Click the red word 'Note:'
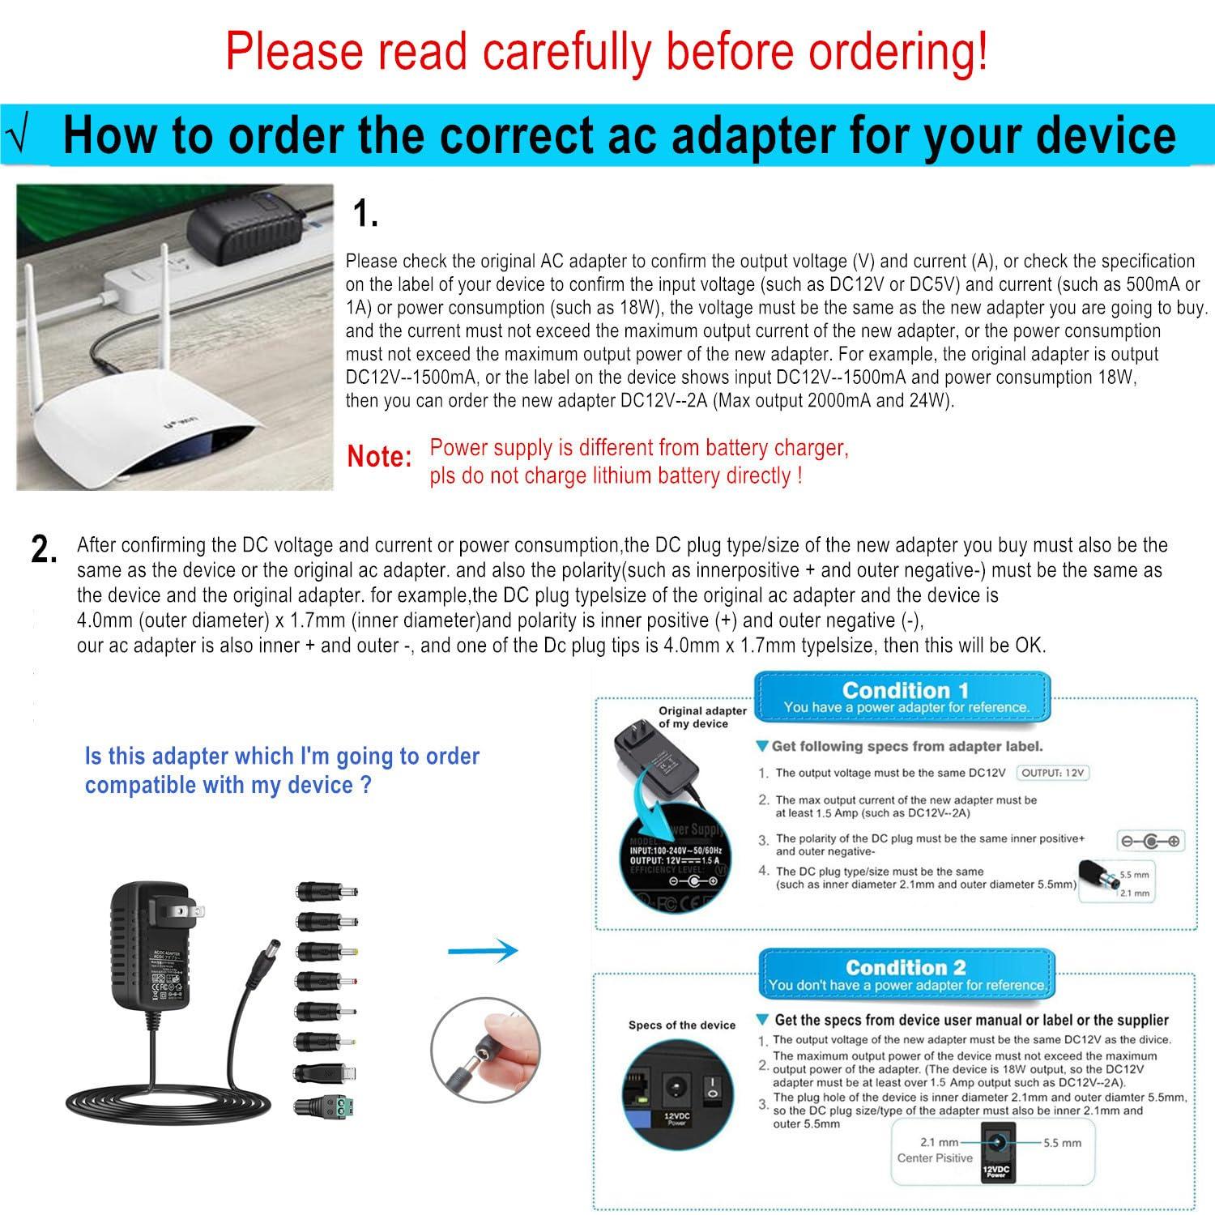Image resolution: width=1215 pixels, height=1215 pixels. click(380, 457)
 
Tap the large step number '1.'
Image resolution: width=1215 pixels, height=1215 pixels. click(365, 215)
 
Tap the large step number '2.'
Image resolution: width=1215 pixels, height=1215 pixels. click(44, 550)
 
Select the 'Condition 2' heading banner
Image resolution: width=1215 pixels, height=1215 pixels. click(906, 975)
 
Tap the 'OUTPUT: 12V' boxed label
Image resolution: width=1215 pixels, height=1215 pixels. click(1052, 773)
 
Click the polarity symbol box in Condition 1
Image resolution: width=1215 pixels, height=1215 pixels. click(1150, 842)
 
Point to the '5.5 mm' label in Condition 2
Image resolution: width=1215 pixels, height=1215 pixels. click(1062, 1143)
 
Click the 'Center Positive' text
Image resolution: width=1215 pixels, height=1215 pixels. click(935, 1158)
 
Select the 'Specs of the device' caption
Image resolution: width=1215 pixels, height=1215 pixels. click(681, 1025)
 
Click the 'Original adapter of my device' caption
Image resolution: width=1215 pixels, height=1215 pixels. click(701, 717)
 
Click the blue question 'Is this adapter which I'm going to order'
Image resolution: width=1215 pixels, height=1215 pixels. click(282, 757)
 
